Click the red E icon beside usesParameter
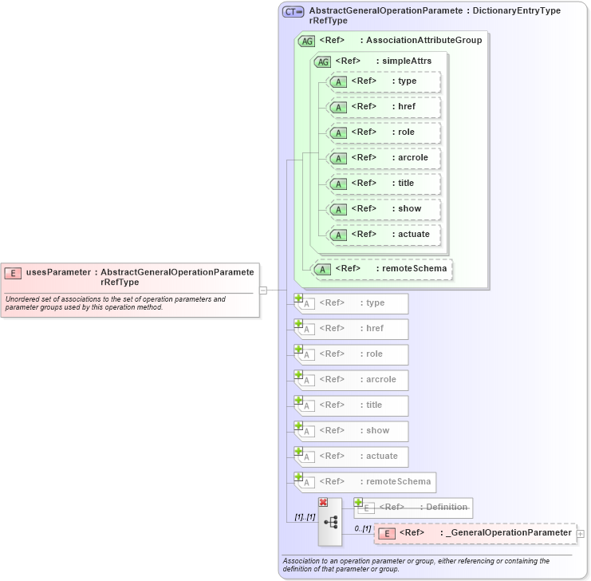pyautogui.click(x=13, y=273)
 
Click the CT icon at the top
pyautogui.click(x=294, y=12)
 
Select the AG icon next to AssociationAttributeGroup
pyautogui.click(x=306, y=41)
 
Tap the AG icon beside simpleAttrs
pyautogui.click(x=323, y=61)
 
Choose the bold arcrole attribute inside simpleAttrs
pyautogui.click(x=384, y=158)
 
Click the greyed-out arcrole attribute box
pyautogui.click(x=351, y=380)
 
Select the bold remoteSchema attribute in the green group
pyautogui.click(x=382, y=269)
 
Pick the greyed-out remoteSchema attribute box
pyautogui.click(x=364, y=482)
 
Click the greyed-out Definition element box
pyautogui.click(x=413, y=508)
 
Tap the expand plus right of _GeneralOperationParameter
pyautogui.click(x=581, y=533)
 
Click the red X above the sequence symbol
pyautogui.click(x=323, y=502)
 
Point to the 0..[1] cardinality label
pyautogui.click(x=363, y=528)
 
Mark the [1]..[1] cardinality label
pyautogui.click(x=305, y=517)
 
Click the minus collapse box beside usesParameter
pyautogui.click(x=263, y=290)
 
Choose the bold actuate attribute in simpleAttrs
pyautogui.click(x=384, y=235)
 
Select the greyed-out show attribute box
pyautogui.click(x=351, y=431)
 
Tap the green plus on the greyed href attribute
pyautogui.click(x=298, y=323)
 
